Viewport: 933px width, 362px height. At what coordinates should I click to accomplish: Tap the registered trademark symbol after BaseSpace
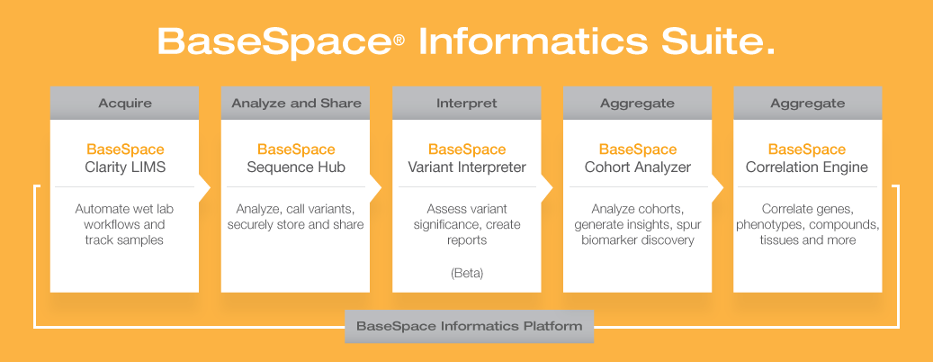pos(399,40)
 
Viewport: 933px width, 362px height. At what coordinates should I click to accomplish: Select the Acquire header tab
pos(124,103)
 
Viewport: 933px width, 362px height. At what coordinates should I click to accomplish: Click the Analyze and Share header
pos(296,103)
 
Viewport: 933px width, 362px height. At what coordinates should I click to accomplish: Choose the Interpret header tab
pos(466,103)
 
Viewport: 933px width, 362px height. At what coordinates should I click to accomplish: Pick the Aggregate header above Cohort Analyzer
pos(637,103)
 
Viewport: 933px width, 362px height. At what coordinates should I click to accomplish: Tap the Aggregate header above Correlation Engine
pos(807,103)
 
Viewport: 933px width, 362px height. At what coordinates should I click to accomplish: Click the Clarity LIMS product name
pos(125,167)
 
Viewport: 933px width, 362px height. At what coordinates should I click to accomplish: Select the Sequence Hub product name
pos(296,167)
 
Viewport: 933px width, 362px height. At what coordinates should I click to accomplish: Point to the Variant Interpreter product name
pos(467,167)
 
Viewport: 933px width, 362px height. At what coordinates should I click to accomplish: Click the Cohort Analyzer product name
pos(638,167)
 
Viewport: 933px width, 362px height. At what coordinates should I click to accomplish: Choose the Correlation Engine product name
pos(807,167)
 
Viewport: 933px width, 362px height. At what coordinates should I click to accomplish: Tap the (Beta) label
pos(467,274)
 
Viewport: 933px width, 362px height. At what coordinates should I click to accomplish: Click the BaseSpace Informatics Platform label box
pos(469,326)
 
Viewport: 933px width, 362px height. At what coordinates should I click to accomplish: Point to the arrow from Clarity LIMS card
pos(205,187)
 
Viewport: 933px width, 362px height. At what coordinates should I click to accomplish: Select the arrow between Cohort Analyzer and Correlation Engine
pos(718,187)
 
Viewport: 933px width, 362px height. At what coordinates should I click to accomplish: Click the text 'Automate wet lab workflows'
pos(124,217)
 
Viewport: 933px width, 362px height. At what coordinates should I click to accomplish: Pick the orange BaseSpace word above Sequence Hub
pos(296,149)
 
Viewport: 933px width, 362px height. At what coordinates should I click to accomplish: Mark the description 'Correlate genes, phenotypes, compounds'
pos(807,217)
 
